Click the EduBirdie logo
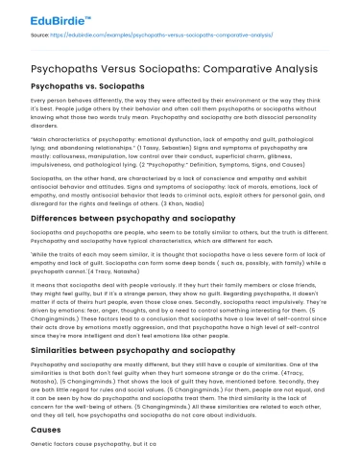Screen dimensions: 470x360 tap(37, 16)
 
